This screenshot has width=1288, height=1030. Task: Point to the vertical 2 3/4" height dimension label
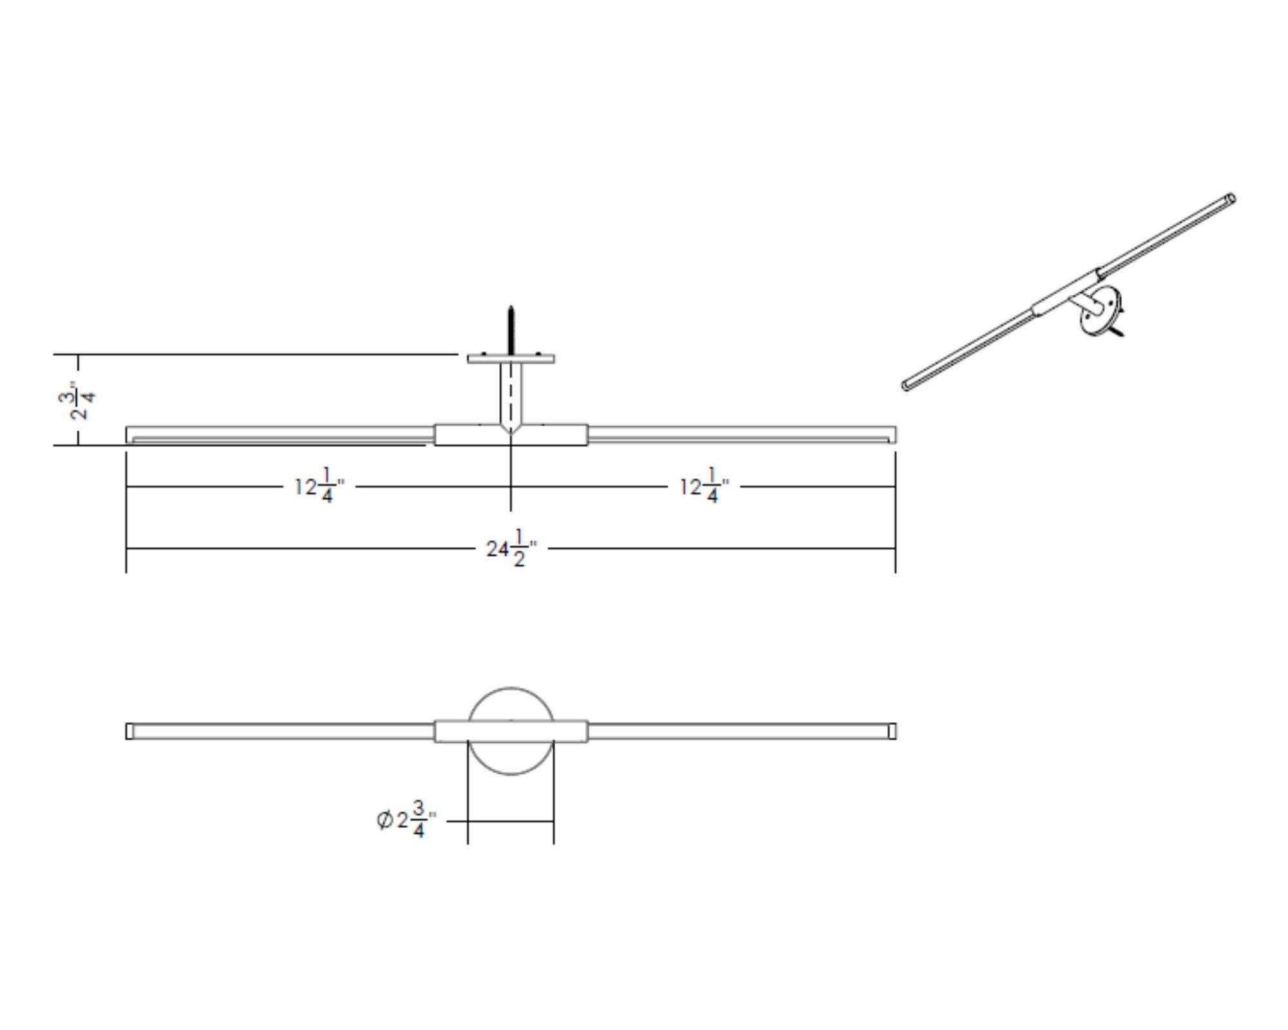82,400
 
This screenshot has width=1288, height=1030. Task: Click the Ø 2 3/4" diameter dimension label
406,820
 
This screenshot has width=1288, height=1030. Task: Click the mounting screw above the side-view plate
511,330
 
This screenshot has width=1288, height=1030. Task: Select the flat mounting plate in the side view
511,359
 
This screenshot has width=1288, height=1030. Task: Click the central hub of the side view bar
511,435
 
